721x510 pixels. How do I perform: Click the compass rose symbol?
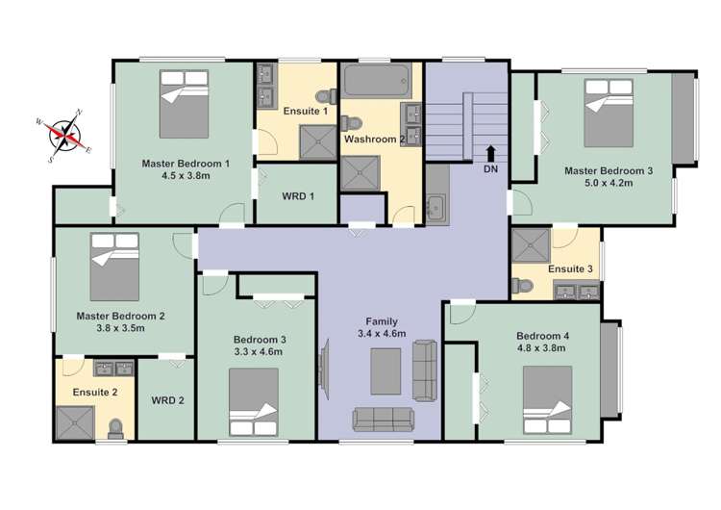pos(66,136)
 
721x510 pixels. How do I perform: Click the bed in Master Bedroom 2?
pos(115,266)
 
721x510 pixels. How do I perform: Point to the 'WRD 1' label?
pos(297,196)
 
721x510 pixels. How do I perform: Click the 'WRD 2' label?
pos(167,400)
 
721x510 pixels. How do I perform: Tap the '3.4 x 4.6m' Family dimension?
pos(382,334)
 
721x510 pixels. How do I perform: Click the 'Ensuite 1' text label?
pos(305,112)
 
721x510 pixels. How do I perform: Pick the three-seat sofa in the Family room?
pos(383,419)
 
